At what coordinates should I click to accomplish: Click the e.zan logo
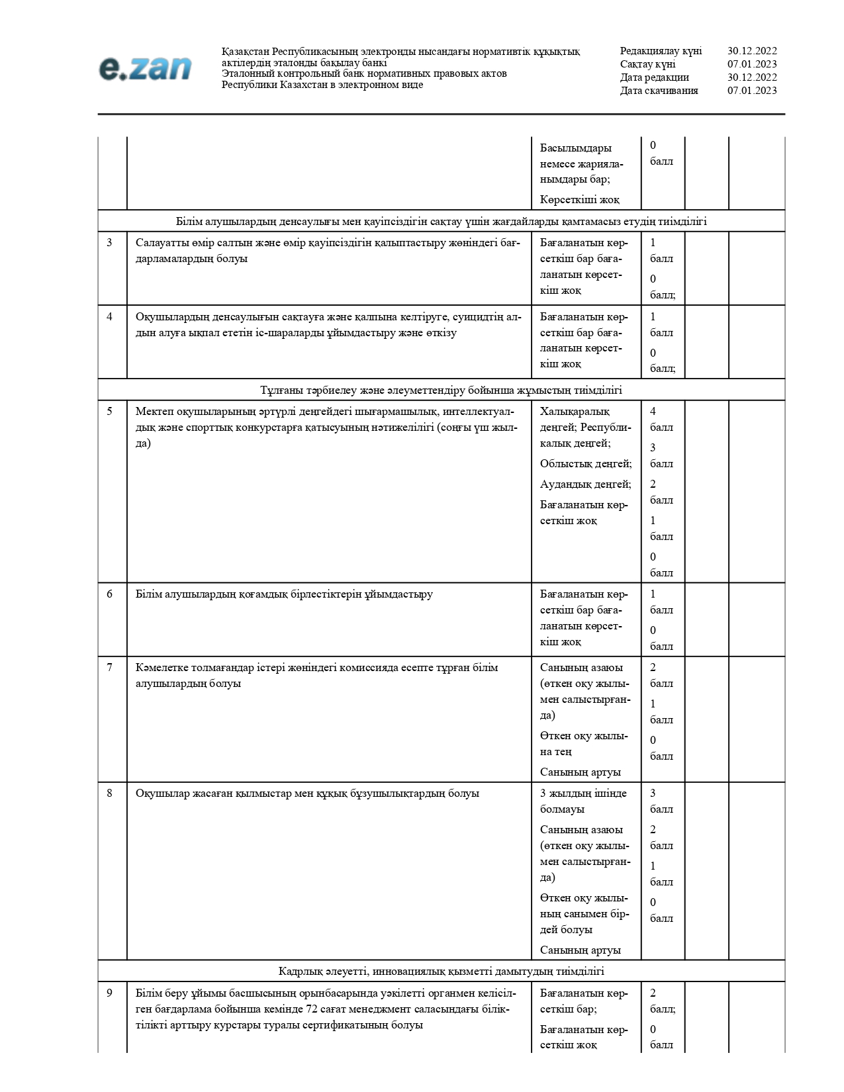145,69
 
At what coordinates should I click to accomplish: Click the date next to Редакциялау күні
752,51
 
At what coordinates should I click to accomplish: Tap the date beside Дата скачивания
752,91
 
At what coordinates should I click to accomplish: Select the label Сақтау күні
647,64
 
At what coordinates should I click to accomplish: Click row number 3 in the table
110,243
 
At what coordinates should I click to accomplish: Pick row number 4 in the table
110,317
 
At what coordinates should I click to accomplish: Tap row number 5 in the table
110,412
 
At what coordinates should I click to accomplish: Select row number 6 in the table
110,594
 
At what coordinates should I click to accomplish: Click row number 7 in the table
110,668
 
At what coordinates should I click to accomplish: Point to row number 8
110,794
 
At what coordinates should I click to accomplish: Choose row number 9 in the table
110,993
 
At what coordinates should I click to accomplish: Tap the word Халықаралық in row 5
575,412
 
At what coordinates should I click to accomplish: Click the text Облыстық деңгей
585,464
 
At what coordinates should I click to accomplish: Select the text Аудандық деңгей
585,484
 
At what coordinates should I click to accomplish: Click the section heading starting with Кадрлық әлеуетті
441,972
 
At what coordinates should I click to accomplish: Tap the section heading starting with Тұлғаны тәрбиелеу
441,390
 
